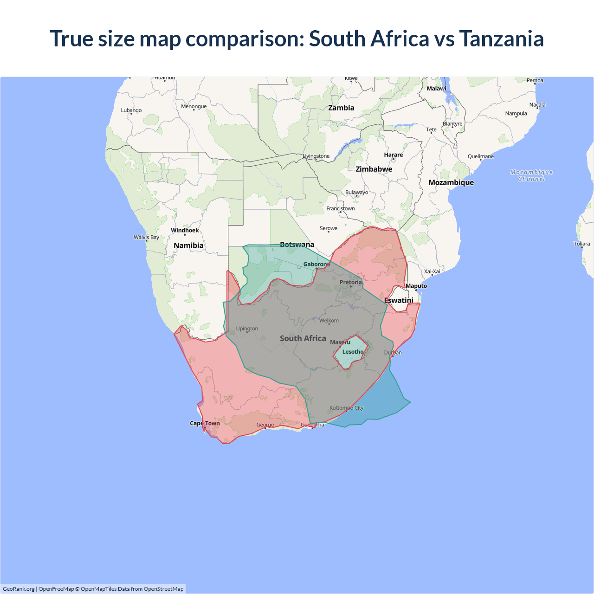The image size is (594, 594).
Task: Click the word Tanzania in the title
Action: click(501, 39)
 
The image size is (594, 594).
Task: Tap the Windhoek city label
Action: click(185, 230)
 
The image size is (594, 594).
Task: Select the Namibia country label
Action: click(188, 245)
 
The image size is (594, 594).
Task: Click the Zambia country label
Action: click(341, 108)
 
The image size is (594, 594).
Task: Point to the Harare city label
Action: click(393, 155)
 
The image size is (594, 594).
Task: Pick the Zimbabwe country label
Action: click(374, 169)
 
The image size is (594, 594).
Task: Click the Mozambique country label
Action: click(451, 182)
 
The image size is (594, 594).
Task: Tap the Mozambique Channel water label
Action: click(531, 175)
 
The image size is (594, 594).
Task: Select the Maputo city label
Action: click(416, 286)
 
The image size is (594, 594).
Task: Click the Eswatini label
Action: click(399, 300)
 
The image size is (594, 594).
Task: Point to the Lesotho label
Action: click(353, 352)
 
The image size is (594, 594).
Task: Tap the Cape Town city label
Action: click(205, 423)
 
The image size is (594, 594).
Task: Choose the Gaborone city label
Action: click(316, 264)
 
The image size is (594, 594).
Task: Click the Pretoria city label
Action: click(350, 282)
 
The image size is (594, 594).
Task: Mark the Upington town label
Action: click(247, 329)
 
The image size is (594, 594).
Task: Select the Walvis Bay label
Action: click(146, 237)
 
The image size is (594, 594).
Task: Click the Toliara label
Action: click(581, 244)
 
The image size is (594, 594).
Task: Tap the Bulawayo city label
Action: click(356, 192)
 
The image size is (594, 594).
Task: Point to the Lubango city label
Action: click(131, 110)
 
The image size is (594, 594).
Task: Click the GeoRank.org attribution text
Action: click(19, 589)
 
